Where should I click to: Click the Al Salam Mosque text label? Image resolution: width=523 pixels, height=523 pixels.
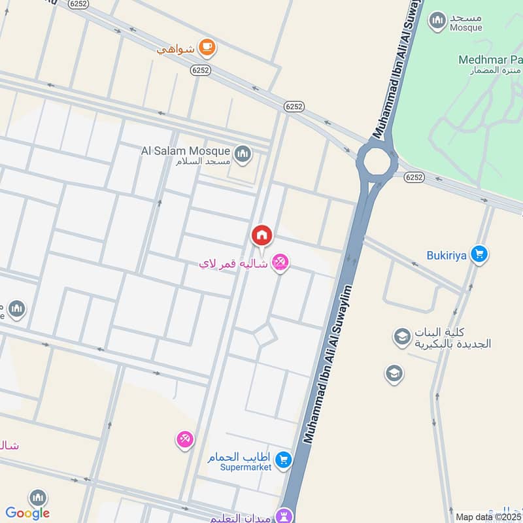click(x=186, y=150)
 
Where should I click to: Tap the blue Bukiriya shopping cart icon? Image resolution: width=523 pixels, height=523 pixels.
click(x=480, y=254)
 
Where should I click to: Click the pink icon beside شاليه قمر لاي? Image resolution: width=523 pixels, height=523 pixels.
click(x=280, y=263)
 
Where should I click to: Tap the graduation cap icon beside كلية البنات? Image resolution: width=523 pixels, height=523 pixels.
click(x=401, y=337)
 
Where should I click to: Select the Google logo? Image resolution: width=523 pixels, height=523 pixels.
click(x=27, y=513)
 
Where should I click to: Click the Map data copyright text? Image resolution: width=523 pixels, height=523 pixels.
click(x=488, y=517)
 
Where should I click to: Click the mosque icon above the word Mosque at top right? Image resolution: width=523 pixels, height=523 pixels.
click(x=437, y=20)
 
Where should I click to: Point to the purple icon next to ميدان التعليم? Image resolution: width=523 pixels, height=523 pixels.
click(x=284, y=516)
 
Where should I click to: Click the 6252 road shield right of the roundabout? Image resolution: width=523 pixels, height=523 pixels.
click(x=414, y=177)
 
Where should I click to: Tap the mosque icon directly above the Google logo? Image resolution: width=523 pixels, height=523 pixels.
click(x=38, y=498)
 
